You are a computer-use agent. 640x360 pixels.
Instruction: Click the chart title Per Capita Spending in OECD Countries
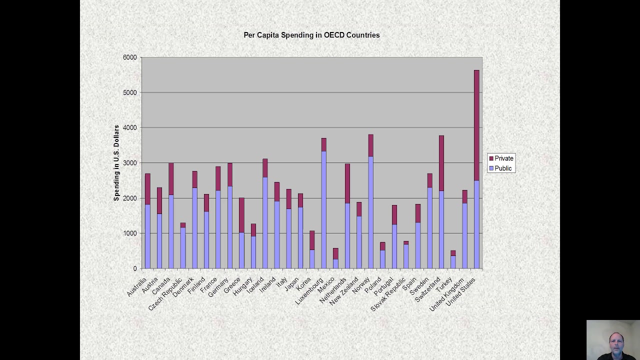pos(311,35)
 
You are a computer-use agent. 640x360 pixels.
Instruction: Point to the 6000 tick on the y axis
pos(129,57)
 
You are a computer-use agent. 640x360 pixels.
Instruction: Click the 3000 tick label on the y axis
pos(129,163)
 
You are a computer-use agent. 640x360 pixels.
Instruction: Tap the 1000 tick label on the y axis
pos(129,233)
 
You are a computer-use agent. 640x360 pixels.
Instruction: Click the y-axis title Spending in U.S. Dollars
pos(116,163)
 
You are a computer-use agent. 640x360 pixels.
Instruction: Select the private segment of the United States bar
pos(476,125)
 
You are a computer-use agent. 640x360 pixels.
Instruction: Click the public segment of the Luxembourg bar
pos(324,210)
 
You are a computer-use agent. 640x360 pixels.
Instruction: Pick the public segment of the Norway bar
pos(370,212)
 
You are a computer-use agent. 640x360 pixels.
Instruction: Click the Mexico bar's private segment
pos(335,253)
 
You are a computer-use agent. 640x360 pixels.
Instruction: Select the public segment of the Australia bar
pos(147,236)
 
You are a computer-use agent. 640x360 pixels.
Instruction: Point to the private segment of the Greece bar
pos(241,215)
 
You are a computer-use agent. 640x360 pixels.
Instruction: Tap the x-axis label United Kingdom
pos(447,295)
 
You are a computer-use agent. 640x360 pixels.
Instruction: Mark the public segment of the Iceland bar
pos(265,222)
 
